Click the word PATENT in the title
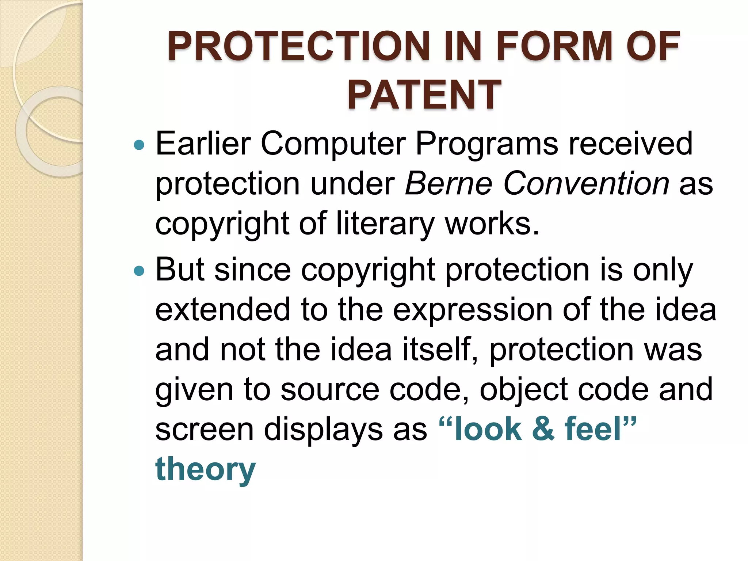tap(424, 95)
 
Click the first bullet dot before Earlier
tap(139, 146)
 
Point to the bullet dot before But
tap(139, 271)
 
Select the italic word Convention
tap(586, 183)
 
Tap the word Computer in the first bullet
tap(333, 144)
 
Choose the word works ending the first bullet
tap(491, 224)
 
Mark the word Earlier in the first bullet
tap(203, 144)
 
